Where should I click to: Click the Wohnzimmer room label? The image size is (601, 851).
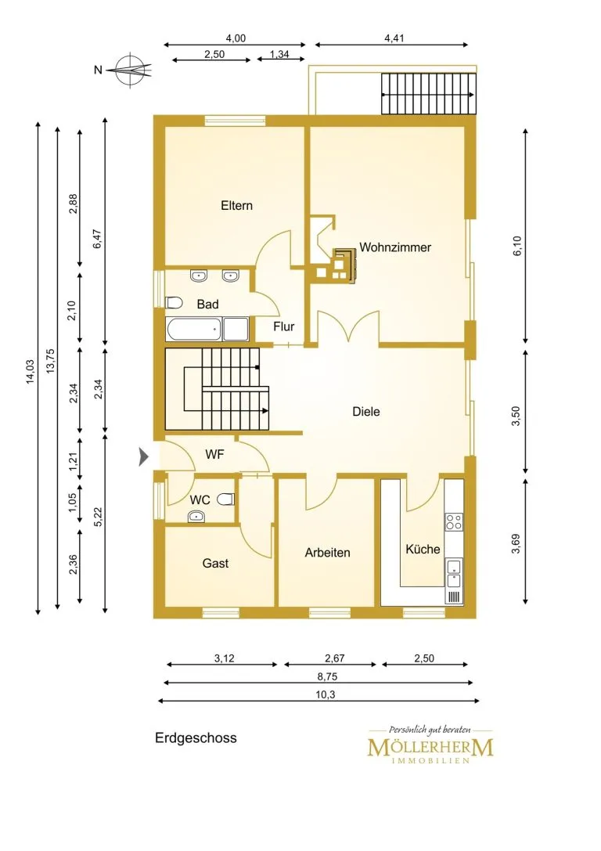pos(395,247)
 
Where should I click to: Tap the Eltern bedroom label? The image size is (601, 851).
pos(236,206)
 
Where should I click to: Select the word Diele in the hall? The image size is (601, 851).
pos(366,411)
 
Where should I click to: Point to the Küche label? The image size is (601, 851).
pos(423,550)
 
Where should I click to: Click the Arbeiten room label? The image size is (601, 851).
pos(327,553)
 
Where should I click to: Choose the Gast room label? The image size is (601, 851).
pos(215,564)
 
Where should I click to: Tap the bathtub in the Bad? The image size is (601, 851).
pos(194,330)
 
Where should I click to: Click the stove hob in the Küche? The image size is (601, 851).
pos(454,522)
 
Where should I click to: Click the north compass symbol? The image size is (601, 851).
pos(129,70)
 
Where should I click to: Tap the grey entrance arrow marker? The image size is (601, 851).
pos(144,456)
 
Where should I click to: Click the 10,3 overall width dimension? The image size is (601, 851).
pos(325,694)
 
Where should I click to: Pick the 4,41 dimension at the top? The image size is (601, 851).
pos(394,38)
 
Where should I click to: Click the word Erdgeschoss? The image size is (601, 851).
pos(196,738)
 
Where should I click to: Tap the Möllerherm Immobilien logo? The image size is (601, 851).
pos(430,745)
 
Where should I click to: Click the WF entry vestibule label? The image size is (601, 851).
pos(214,455)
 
